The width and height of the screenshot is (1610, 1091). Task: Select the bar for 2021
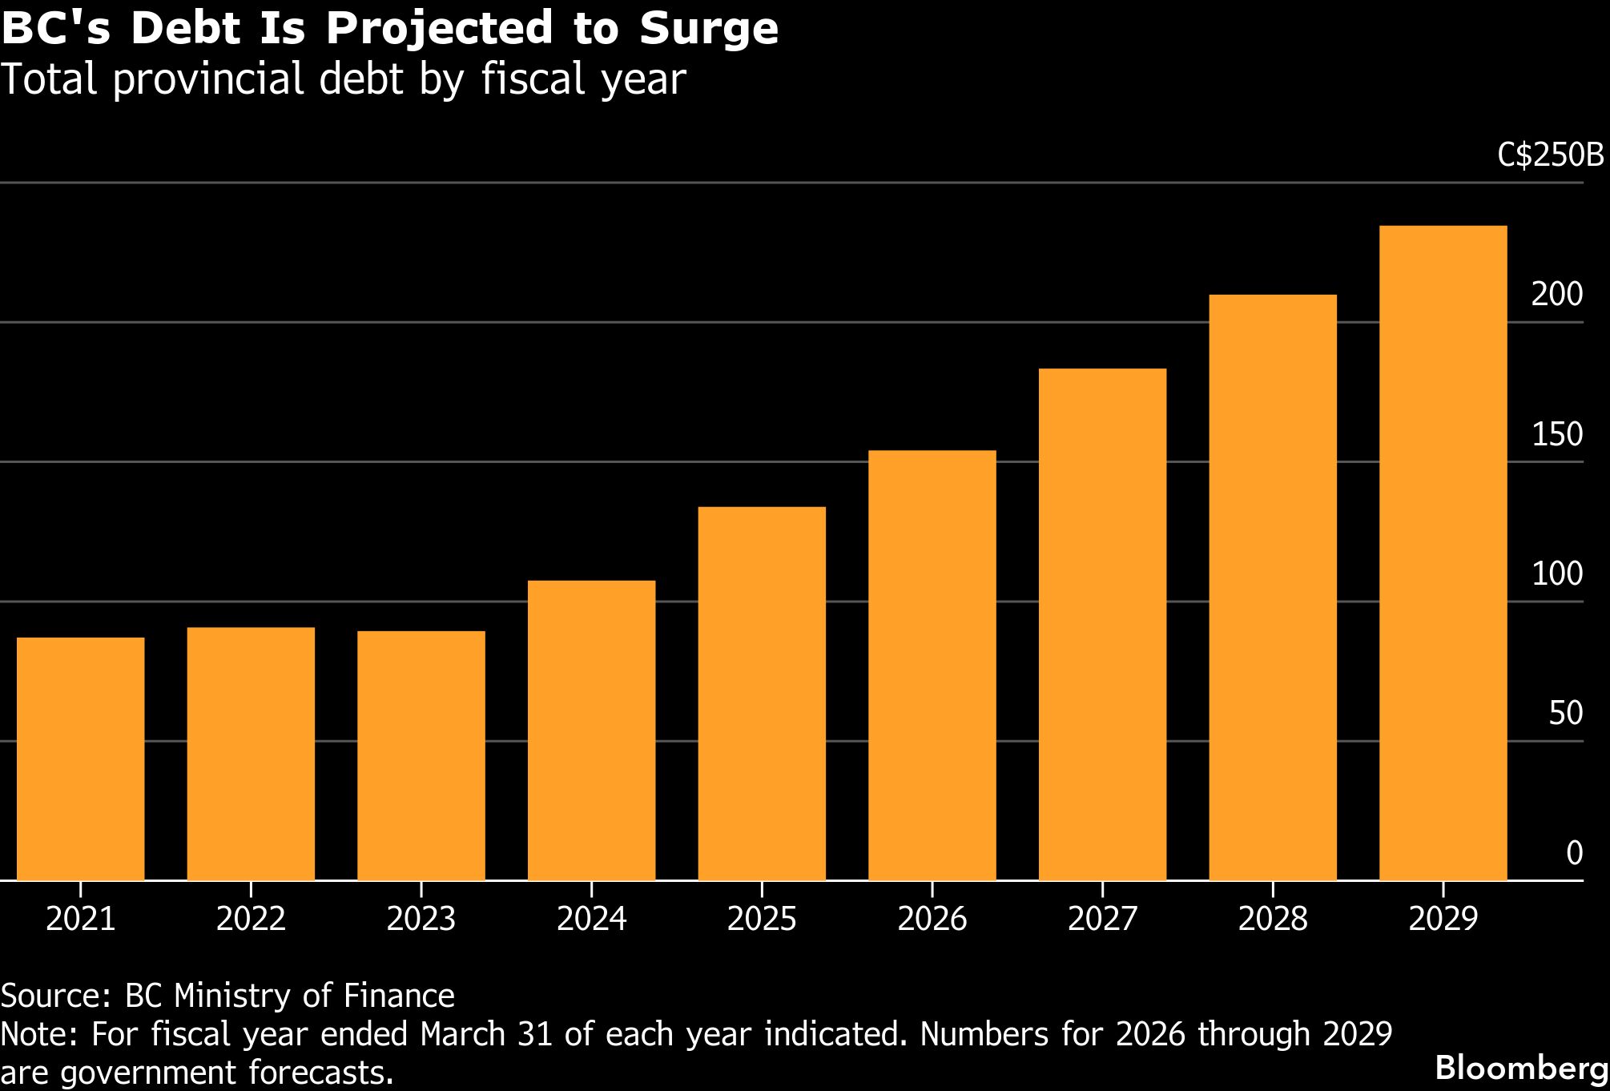(x=80, y=759)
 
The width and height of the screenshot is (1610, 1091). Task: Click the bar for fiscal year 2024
(x=591, y=730)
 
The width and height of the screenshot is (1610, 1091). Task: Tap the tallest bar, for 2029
(x=1443, y=553)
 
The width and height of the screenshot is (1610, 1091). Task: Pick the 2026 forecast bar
(x=932, y=665)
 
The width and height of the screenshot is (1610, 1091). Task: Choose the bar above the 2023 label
(x=421, y=755)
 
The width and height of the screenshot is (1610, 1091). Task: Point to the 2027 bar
(x=1102, y=624)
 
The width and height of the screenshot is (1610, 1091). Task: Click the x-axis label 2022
(x=251, y=919)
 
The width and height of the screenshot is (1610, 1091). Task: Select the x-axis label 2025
(x=762, y=919)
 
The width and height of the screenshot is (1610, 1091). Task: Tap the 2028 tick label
(x=1273, y=919)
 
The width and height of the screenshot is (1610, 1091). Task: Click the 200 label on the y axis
(x=1556, y=295)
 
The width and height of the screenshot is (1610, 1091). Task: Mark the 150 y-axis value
(x=1556, y=434)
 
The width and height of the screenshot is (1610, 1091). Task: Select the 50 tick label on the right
(x=1565, y=713)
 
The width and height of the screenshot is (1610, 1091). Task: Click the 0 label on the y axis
(x=1574, y=853)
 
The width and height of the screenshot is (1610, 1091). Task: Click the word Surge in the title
(x=708, y=29)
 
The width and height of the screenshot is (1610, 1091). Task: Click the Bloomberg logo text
(x=1521, y=1068)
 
